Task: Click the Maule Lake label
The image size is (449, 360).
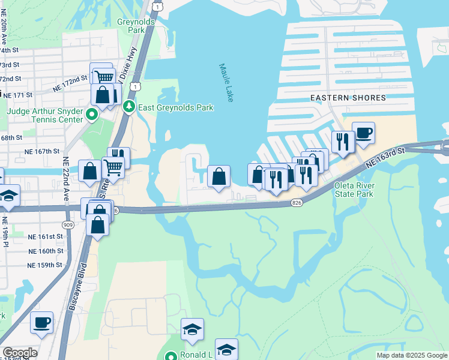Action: (x=225, y=83)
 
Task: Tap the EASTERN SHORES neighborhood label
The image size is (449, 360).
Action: (x=340, y=97)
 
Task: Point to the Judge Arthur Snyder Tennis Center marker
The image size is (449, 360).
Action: (x=92, y=114)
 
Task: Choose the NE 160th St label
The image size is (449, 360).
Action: (x=46, y=251)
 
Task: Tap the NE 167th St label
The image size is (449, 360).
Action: (x=42, y=152)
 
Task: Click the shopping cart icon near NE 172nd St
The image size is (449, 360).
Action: (x=105, y=76)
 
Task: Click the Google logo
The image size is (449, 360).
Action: (x=19, y=353)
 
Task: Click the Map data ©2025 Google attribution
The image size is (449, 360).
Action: (x=411, y=355)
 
